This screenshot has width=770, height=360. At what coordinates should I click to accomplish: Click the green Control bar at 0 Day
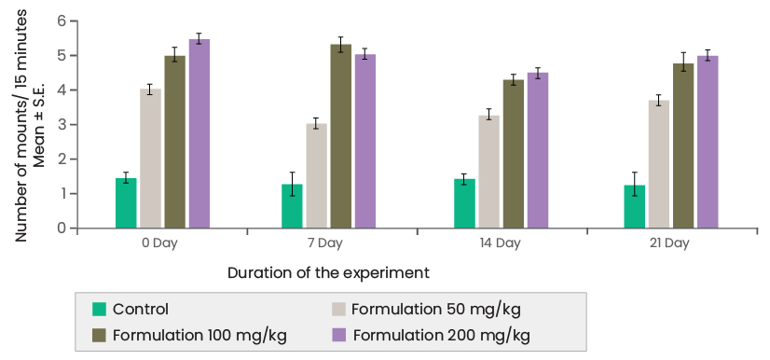[x=126, y=203]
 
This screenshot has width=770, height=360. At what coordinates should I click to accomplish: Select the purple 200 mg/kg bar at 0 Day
[x=199, y=134]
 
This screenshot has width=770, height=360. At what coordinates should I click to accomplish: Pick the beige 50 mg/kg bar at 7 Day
[x=317, y=176]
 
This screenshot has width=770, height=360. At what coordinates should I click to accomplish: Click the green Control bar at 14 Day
[x=464, y=203]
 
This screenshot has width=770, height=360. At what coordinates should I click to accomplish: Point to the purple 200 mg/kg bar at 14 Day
[x=538, y=151]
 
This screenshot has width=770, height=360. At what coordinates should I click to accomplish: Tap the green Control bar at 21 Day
[x=635, y=207]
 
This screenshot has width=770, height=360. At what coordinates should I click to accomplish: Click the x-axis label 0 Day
[x=162, y=243]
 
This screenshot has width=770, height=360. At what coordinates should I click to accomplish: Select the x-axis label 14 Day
[x=501, y=243]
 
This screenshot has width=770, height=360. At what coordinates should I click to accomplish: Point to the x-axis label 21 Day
[x=670, y=243]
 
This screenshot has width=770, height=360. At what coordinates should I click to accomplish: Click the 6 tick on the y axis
[x=62, y=21]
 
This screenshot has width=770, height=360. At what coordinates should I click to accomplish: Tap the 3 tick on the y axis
[x=62, y=125]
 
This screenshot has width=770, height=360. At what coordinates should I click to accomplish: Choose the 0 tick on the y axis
[x=62, y=228]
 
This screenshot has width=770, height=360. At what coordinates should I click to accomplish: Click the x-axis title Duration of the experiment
[x=328, y=273]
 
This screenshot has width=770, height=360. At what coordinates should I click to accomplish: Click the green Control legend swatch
[x=100, y=310]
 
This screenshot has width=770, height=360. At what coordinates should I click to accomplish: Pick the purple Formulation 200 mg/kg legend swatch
[x=340, y=334]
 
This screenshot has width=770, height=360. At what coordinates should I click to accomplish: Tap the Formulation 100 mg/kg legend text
[x=199, y=334]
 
